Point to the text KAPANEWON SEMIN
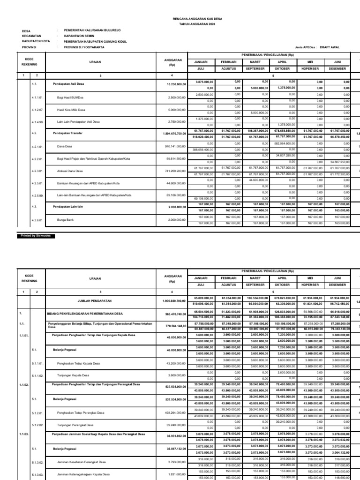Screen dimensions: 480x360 tap(78, 36)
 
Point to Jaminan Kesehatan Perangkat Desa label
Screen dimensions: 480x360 tap(82, 462)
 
